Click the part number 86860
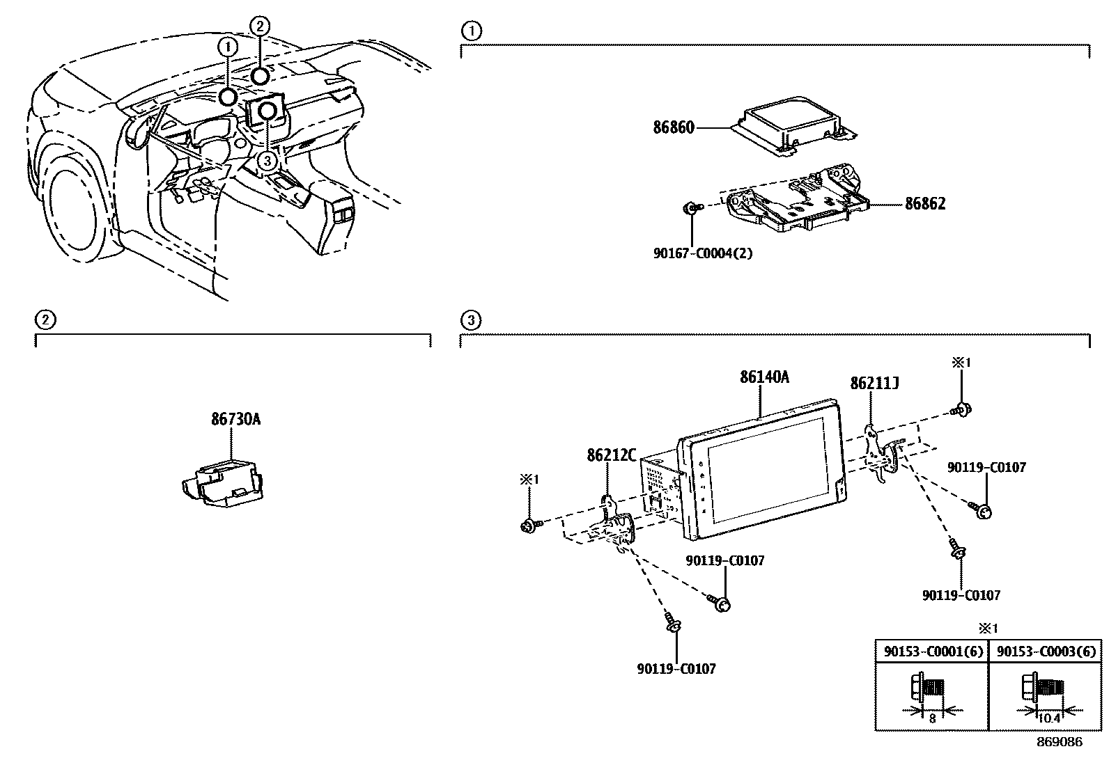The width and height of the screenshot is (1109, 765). [x=674, y=128]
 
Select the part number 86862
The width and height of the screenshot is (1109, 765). [x=925, y=204]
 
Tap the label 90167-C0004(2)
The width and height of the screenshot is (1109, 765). [x=702, y=253]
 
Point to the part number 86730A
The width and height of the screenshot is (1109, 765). [x=235, y=420]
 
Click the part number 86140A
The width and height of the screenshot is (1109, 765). [x=764, y=377]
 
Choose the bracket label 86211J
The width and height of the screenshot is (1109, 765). [x=874, y=384]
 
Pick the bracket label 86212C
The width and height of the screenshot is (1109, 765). [x=612, y=455]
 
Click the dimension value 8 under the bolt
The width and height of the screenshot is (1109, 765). [x=932, y=718]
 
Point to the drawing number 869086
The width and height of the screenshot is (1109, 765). [x=1060, y=742]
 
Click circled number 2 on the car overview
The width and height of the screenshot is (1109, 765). [x=259, y=27]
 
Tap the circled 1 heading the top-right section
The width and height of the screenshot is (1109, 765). [x=472, y=31]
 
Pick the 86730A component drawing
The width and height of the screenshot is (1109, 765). [x=222, y=482]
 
